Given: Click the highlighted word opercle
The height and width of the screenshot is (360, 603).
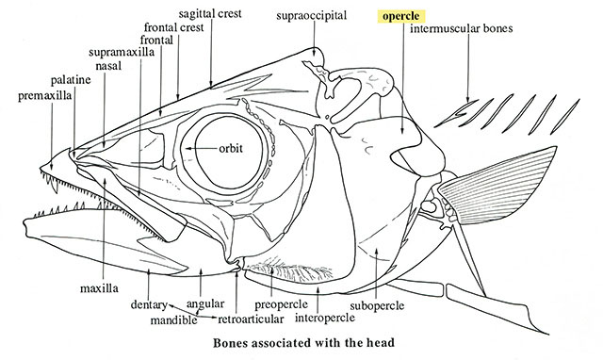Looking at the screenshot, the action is [x=400, y=17].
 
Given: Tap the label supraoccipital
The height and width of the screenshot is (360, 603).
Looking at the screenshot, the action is [x=312, y=16].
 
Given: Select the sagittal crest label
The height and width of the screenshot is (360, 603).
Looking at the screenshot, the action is [x=210, y=13].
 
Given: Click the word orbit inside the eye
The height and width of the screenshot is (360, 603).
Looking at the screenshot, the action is [x=231, y=148].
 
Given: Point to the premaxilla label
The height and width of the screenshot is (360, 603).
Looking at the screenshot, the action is [x=45, y=95].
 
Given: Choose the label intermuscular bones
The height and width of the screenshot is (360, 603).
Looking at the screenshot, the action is [x=462, y=28].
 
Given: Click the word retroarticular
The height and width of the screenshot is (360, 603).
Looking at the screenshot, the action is [x=251, y=319].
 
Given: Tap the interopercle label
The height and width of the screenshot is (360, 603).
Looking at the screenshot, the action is [x=325, y=319].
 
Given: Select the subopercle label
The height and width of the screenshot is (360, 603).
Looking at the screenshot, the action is [x=377, y=305].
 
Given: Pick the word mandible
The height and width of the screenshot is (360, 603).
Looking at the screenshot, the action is [x=173, y=319].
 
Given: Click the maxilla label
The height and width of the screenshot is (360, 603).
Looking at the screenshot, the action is [x=99, y=288].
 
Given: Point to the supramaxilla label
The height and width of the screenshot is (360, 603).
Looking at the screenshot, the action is [x=122, y=53].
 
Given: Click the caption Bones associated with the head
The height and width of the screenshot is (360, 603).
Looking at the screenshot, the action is [x=303, y=342].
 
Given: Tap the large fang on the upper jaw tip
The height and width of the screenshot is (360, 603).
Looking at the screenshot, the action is [x=55, y=186].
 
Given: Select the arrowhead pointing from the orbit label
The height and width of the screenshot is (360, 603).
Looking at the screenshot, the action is [x=187, y=148].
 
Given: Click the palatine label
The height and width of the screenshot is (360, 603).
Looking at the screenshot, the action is [x=71, y=80].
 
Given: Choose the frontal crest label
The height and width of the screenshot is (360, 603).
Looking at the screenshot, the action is [x=173, y=27].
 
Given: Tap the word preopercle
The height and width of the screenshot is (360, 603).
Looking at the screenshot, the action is [x=282, y=305].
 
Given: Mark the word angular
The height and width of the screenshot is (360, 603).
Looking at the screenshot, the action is [x=205, y=304].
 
